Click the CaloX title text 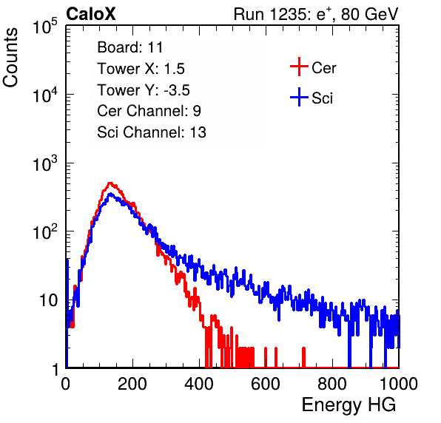point(90,14)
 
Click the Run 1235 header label point(316,14)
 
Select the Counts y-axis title point(10,58)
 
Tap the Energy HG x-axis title point(349,405)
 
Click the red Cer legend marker point(299,67)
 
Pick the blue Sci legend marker point(299,97)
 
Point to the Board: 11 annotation point(130,47)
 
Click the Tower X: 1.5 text point(141,69)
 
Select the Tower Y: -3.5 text point(144,90)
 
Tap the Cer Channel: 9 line point(149,111)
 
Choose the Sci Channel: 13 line point(152,132)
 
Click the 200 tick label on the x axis point(132,384)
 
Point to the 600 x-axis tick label point(266,384)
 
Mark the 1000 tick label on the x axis point(399,384)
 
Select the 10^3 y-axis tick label point(45,163)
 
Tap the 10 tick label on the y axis point(48,300)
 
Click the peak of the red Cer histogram point(110,183)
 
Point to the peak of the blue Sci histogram point(110,194)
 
